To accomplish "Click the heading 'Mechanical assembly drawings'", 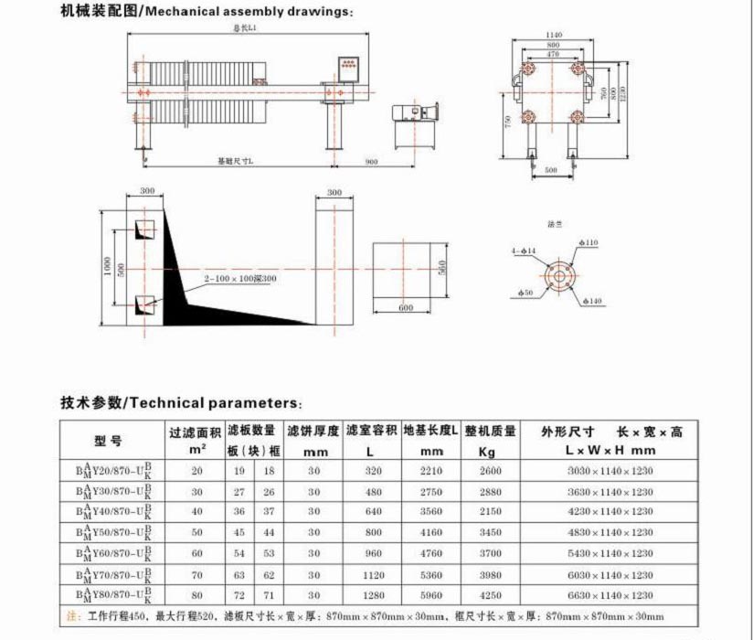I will pyautogui.click(x=247, y=12).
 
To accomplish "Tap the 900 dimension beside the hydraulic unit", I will pyautogui.click(x=371, y=161).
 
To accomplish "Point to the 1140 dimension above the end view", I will pyautogui.click(x=554, y=35).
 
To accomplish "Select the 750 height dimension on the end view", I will pyautogui.click(x=507, y=123).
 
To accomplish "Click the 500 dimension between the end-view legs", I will pyautogui.click(x=552, y=170).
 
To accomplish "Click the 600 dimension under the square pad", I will pyautogui.click(x=406, y=307).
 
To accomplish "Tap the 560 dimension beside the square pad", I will pyautogui.click(x=440, y=268).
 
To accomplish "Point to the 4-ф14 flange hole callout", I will pyautogui.click(x=524, y=250).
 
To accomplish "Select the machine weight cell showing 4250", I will pyautogui.click(x=490, y=595).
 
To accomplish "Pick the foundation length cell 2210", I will pyautogui.click(x=430, y=471).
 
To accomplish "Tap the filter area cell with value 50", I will pyautogui.click(x=196, y=532).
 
